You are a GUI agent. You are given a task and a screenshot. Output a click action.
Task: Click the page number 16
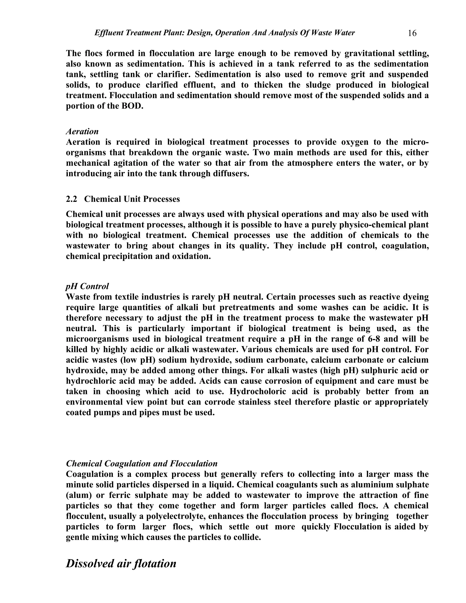pyautogui.click(x=412, y=33)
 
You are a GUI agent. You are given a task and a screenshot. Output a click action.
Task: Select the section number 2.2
pyautogui.click(x=71, y=199)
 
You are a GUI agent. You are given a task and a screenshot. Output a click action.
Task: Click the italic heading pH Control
pyautogui.click(x=87, y=286)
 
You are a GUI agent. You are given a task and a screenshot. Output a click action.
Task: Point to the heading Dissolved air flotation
pyautogui.click(x=121, y=563)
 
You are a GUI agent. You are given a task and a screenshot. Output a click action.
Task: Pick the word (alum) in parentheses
pyautogui.click(x=79, y=495)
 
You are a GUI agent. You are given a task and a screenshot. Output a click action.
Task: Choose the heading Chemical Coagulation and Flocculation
pyautogui.click(x=142, y=463)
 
